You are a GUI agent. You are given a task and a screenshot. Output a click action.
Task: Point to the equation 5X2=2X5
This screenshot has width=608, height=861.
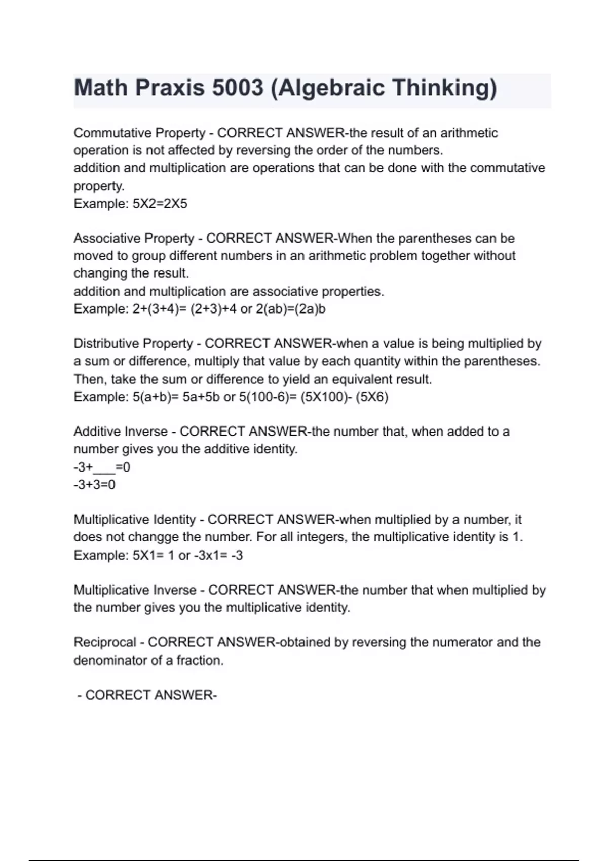(160, 204)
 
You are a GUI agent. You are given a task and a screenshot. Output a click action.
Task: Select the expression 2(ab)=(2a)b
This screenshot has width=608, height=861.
(291, 309)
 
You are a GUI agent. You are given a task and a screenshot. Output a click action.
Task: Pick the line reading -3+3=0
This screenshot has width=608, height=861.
(94, 485)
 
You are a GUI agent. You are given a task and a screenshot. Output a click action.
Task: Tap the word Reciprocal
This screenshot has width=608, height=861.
(105, 642)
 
